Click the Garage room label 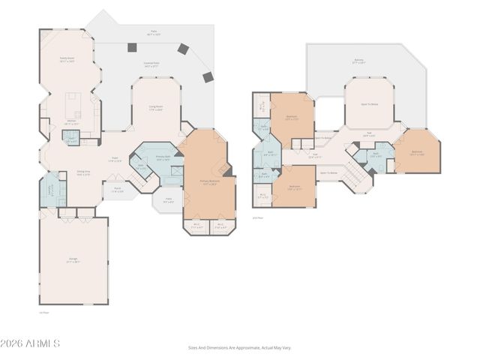click(x=73, y=259)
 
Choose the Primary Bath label click(x=164, y=158)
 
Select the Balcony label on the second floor click(x=359, y=61)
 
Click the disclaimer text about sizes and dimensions click(x=239, y=347)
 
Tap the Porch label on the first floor click(x=118, y=190)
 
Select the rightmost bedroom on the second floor click(x=417, y=154)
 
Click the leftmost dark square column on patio click(x=132, y=47)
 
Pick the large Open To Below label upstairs click(x=369, y=103)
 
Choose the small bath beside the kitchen click(x=71, y=139)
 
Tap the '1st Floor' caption click(x=43, y=312)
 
